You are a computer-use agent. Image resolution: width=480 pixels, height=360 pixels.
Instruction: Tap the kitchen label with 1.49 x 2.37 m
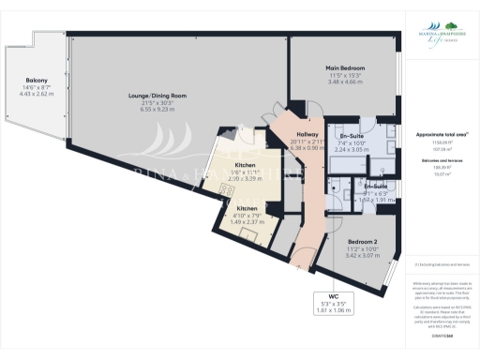pos(247,208)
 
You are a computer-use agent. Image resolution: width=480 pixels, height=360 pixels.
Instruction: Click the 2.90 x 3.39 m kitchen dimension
pos(247,175)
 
